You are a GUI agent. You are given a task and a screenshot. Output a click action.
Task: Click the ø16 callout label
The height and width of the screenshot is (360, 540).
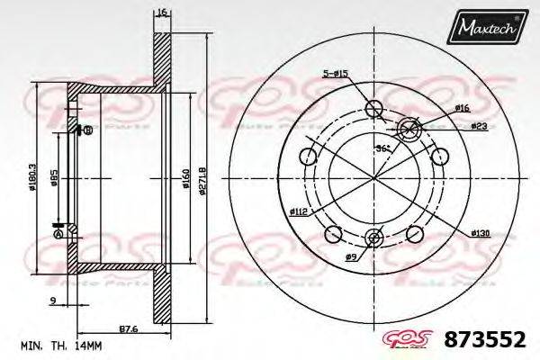[463, 108]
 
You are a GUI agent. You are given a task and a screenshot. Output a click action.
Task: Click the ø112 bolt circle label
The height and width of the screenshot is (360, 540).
[300, 212]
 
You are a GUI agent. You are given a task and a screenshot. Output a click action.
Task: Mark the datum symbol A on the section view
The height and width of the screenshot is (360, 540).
[59, 233]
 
